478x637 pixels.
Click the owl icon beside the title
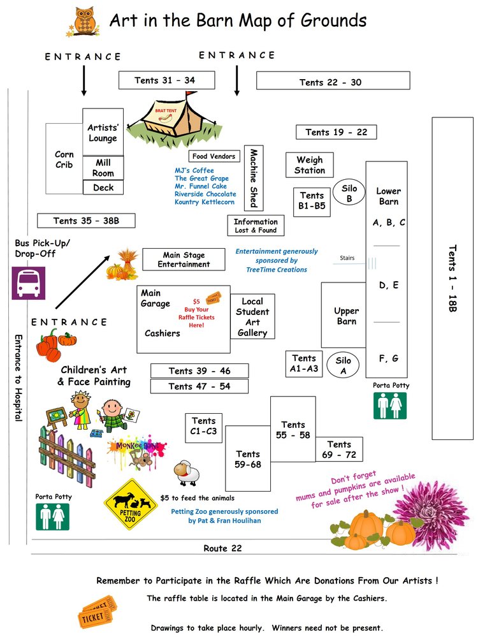[x=83, y=22]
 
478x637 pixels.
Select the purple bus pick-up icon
[x=29, y=282]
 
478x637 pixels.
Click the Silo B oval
[x=349, y=193]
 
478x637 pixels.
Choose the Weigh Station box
[x=309, y=165]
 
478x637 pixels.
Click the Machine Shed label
[x=253, y=178]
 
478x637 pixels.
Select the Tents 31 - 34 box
[x=165, y=80]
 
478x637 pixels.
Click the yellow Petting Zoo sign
[x=131, y=504]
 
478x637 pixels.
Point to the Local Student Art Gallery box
[x=252, y=317]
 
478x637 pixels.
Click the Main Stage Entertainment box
[x=184, y=260]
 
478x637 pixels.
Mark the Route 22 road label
[x=222, y=548]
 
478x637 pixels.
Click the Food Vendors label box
[x=214, y=156]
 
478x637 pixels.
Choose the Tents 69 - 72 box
[x=339, y=450]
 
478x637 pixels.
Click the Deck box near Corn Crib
[x=103, y=187]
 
